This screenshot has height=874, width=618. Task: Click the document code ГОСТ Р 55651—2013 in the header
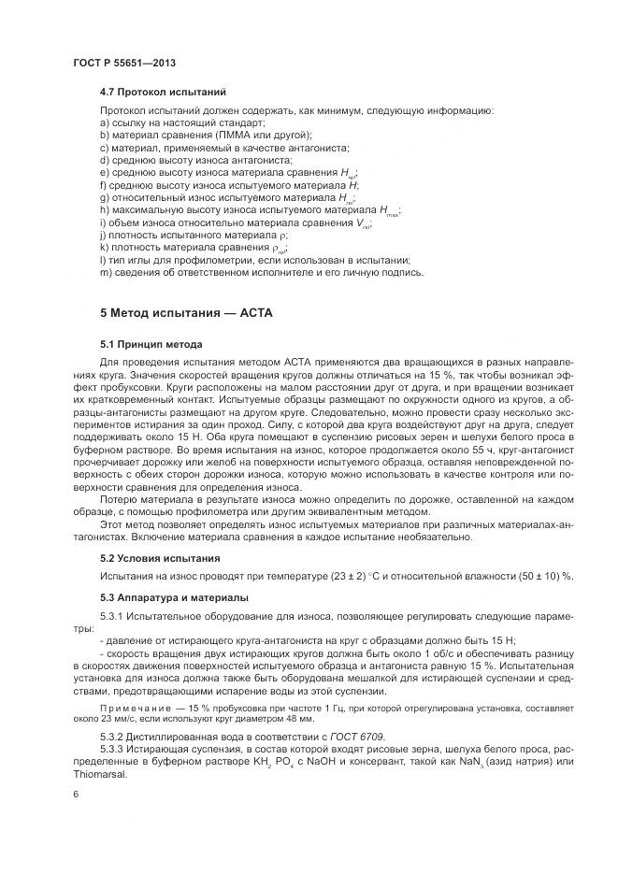(124, 63)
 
